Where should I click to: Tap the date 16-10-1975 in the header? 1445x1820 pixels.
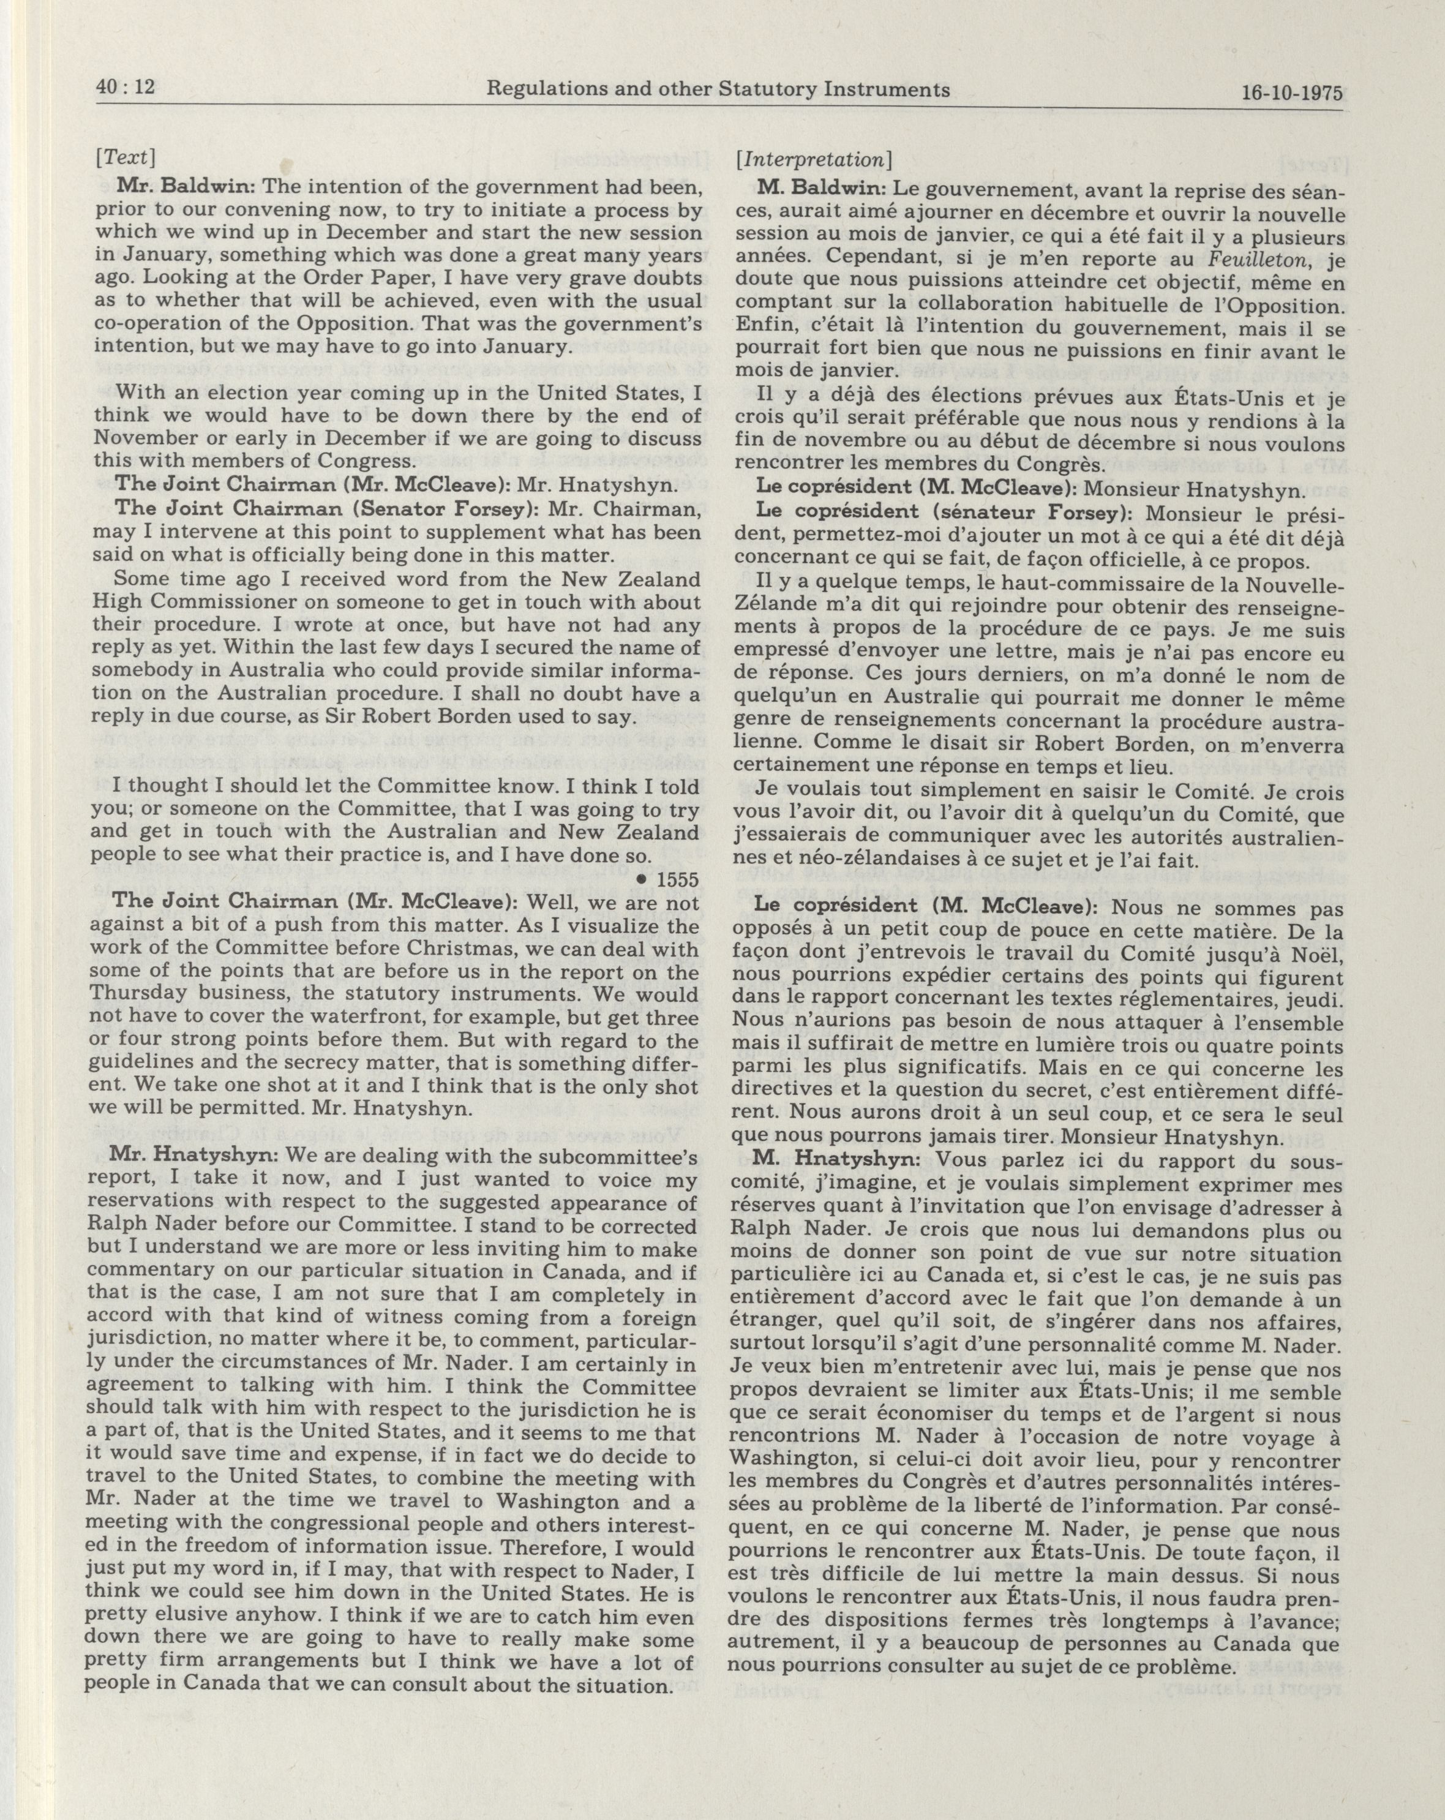click(x=1291, y=92)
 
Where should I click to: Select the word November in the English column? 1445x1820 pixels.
click(x=143, y=437)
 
